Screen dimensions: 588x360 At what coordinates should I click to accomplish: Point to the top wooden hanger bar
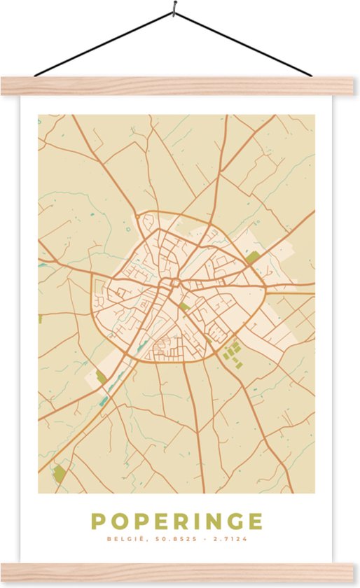(x=180, y=85)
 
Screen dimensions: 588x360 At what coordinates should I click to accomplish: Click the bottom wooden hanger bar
(x=180, y=573)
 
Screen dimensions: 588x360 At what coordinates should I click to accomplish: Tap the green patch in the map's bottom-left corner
(x=60, y=474)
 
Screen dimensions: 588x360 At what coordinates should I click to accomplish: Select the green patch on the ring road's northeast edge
(x=252, y=258)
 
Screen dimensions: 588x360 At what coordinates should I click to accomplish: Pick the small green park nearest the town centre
(x=184, y=307)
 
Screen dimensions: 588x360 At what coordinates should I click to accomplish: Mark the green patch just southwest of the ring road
(x=102, y=378)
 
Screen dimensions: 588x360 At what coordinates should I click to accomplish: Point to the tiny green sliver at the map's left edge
(x=40, y=318)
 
